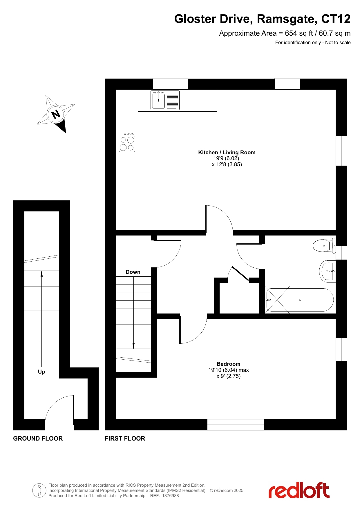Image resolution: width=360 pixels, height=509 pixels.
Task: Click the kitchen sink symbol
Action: [165, 100]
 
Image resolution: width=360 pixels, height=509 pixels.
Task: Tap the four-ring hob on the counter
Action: [127, 142]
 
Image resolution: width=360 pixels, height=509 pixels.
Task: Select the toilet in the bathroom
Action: [324, 245]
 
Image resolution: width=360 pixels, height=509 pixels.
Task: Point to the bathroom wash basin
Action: [328, 271]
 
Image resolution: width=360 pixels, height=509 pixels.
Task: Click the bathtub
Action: [300, 300]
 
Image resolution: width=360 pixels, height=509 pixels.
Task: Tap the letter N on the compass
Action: [56, 114]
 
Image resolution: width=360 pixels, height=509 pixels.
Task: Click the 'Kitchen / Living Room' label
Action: [227, 153]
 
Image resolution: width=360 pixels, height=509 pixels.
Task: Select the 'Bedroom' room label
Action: [229, 364]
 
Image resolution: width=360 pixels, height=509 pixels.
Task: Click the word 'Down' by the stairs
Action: [133, 272]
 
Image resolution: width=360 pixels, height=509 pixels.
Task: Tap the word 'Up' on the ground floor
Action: [41, 372]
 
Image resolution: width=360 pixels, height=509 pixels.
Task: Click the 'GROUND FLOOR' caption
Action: [38, 439]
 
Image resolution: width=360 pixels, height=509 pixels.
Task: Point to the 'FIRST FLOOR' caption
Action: [125, 439]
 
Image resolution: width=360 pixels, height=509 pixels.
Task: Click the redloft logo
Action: [299, 490]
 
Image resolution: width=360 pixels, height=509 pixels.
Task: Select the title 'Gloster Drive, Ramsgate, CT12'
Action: [262, 19]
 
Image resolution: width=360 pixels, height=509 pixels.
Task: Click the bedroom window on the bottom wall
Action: [236, 425]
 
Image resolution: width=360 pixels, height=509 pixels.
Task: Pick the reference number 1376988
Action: [170, 496]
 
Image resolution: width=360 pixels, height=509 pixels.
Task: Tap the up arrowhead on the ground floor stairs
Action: [42, 273]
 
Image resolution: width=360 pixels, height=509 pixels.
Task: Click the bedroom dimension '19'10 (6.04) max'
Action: [229, 370]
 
